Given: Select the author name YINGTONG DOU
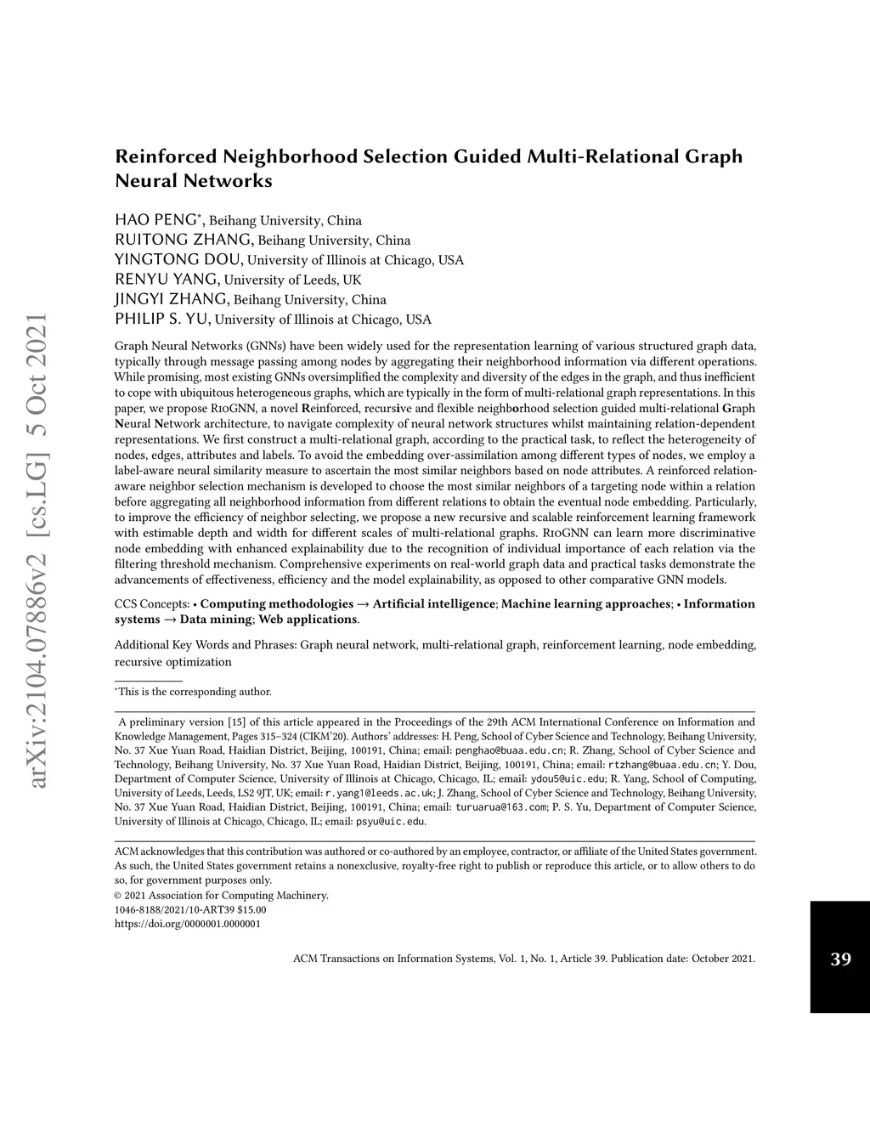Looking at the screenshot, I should (179, 259).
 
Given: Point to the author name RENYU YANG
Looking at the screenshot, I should (167, 279).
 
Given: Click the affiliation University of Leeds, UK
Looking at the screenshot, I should (293, 280).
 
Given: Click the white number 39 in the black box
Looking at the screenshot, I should (840, 959).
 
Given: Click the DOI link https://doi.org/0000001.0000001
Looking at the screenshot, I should (187, 924).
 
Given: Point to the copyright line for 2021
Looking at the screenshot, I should (221, 895).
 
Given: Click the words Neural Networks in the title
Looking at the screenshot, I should (194, 181).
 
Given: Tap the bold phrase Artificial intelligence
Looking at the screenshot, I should (433, 604).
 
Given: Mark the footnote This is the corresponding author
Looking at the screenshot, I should (195, 692).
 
